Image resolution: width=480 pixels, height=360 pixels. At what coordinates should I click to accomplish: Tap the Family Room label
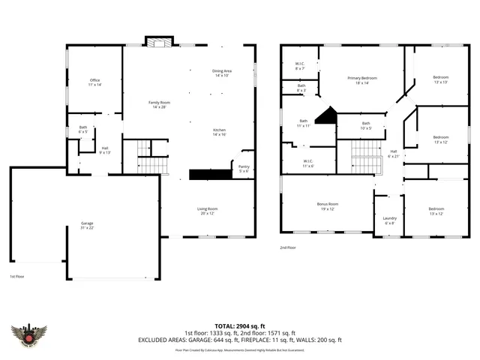(x=158, y=103)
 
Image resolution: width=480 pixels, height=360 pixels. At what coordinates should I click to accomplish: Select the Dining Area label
(x=221, y=73)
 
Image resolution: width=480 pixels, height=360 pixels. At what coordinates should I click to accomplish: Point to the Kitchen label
(x=220, y=132)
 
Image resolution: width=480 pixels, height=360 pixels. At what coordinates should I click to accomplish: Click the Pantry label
(x=244, y=169)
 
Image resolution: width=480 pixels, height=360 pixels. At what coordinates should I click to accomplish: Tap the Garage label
(x=87, y=226)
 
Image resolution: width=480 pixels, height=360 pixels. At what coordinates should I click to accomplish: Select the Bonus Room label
(x=328, y=205)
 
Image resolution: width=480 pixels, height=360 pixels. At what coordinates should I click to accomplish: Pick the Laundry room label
(x=390, y=220)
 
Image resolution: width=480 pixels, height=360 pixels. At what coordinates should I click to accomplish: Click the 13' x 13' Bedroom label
(x=440, y=80)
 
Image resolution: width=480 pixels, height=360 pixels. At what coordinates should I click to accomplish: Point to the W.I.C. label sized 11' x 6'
(x=307, y=163)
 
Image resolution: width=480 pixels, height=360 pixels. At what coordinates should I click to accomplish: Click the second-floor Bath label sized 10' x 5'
(x=366, y=125)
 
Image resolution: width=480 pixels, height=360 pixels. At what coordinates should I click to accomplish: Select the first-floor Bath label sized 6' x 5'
(x=83, y=130)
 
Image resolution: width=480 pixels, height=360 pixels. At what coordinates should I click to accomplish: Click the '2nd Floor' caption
(x=289, y=247)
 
